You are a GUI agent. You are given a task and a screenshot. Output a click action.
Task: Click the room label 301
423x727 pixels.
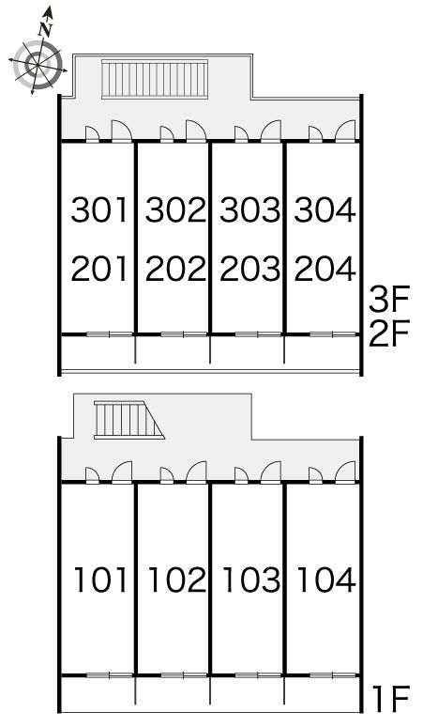[x=99, y=209]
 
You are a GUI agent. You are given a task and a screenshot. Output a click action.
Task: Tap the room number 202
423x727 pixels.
[x=175, y=269]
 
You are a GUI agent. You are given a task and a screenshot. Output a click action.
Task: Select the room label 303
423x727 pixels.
[x=249, y=209]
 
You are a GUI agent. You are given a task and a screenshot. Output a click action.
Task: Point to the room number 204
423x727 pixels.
[x=325, y=269]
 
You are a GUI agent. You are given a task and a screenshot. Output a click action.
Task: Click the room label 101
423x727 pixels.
[x=101, y=580]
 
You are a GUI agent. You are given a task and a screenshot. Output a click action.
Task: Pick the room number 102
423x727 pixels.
[x=176, y=580]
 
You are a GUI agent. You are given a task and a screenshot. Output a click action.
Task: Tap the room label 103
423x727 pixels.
[x=251, y=580]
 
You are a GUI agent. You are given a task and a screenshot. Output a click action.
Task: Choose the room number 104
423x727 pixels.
[x=326, y=580]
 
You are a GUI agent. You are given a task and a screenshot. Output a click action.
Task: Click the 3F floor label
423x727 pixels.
[x=389, y=300]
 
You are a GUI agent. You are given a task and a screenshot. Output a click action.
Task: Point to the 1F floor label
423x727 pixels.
[x=391, y=698]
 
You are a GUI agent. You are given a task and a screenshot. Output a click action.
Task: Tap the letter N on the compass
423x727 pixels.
[x=45, y=29]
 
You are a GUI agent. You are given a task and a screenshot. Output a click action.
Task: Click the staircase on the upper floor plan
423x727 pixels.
[x=155, y=79]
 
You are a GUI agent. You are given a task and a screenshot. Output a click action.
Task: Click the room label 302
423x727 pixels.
[x=175, y=209]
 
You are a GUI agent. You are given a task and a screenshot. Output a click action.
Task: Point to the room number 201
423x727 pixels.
[x=99, y=269]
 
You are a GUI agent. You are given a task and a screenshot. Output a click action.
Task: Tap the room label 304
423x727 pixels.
[x=325, y=209]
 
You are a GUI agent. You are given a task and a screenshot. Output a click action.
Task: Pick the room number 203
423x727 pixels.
[x=249, y=269]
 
